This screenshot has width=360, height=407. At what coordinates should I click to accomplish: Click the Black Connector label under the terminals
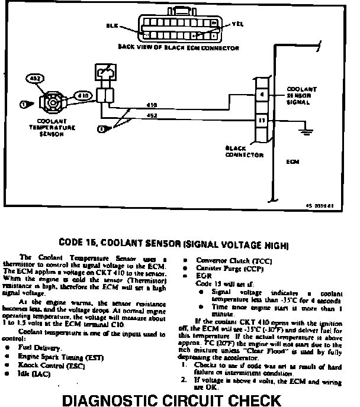point(244,151)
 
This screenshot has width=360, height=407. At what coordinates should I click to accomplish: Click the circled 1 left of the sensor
point(24,105)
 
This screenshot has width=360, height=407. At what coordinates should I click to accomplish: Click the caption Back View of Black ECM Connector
point(179,47)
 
